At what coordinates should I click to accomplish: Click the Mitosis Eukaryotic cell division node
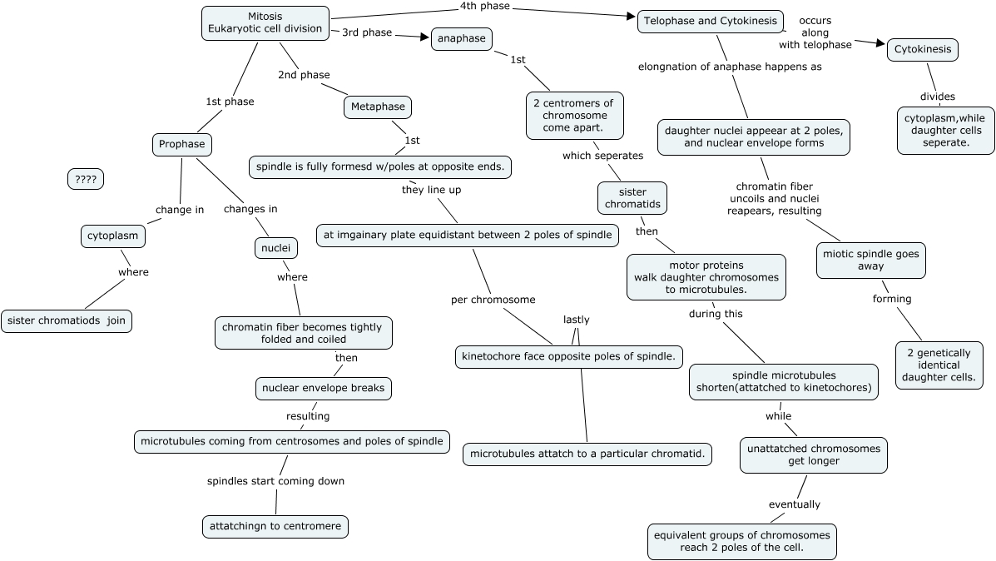tap(265, 22)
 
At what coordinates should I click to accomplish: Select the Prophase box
tap(182, 144)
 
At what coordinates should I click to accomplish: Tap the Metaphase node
tap(378, 107)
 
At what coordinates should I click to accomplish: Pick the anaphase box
tap(462, 39)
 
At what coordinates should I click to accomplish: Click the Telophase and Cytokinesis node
tap(711, 21)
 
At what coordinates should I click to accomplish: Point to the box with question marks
tap(86, 179)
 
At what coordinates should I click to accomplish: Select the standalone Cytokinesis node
tap(923, 50)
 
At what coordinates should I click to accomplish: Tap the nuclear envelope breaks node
tap(323, 388)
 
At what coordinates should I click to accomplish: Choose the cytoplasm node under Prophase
tap(113, 236)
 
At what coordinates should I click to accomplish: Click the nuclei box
tap(275, 247)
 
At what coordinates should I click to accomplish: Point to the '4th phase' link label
tap(484, 7)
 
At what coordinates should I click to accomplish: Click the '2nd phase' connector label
tap(304, 75)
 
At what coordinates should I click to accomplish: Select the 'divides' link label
tap(938, 97)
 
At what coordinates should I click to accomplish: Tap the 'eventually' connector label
tap(794, 504)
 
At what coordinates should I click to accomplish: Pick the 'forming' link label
tap(892, 299)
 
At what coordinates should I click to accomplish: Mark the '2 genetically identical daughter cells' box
tap(939, 365)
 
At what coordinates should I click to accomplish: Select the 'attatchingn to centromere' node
tap(275, 526)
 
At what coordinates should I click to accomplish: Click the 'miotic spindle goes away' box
tap(870, 261)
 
